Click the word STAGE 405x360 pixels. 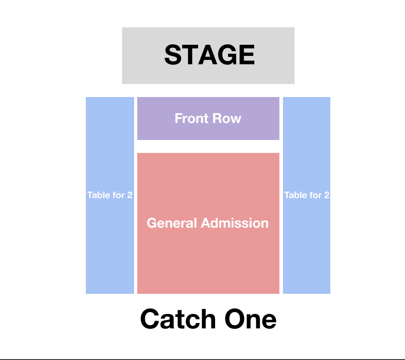(x=210, y=55)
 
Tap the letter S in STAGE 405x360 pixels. (x=173, y=55)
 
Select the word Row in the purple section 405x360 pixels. (x=227, y=119)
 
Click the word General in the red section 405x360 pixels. (x=172, y=223)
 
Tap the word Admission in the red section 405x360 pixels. (x=235, y=223)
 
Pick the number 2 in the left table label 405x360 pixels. (x=130, y=195)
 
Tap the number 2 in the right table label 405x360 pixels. (x=327, y=195)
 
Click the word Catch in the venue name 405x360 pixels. (x=178, y=319)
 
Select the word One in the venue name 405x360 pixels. (x=250, y=319)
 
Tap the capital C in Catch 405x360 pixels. (x=150, y=319)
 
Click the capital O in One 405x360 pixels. (x=235, y=319)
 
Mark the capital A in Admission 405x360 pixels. (x=206, y=223)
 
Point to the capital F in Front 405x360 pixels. (x=179, y=119)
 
